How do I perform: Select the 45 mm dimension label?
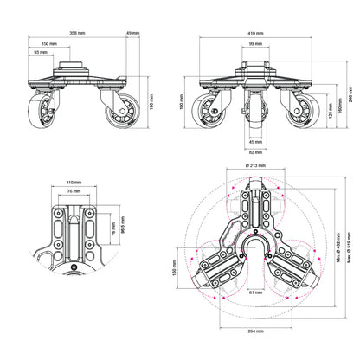[x=254, y=144]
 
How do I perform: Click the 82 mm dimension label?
[x=254, y=152]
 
